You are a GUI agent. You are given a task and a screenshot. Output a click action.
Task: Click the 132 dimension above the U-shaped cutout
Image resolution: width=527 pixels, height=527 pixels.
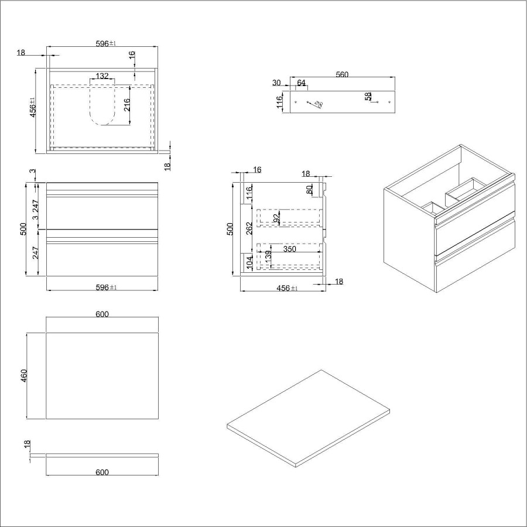102,76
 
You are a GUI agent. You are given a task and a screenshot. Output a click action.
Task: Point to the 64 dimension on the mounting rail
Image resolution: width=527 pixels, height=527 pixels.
301,83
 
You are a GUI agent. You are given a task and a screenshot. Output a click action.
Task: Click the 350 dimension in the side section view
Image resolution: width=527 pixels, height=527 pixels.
290,249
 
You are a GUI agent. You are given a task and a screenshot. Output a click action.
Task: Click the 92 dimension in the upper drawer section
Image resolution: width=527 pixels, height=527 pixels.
276,218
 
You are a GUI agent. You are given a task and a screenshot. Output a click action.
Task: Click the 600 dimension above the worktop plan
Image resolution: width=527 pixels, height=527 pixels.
102,314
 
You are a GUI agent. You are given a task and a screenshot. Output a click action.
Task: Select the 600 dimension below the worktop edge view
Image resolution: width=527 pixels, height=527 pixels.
102,472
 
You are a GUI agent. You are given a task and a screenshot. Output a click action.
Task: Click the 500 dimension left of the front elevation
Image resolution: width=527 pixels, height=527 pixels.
24,229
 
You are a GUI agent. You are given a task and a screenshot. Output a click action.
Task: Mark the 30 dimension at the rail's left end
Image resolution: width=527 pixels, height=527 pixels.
276,83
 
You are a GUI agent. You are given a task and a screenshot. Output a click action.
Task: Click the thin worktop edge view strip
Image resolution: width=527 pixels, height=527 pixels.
102,454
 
